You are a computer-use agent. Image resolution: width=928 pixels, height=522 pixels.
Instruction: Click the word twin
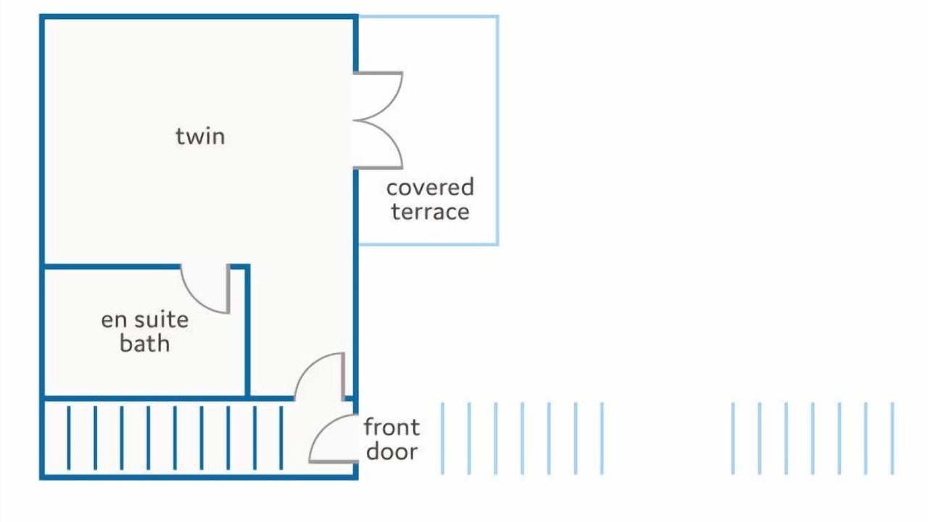pyautogui.click(x=201, y=137)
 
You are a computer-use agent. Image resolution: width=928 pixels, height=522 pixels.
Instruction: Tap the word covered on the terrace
pyautogui.click(x=430, y=187)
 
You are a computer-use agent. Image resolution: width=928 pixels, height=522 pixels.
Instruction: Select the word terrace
pyautogui.click(x=430, y=212)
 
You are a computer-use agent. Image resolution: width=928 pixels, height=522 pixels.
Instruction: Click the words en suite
pyautogui.click(x=145, y=320)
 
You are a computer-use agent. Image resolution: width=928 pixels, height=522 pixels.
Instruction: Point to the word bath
pyautogui.click(x=145, y=344)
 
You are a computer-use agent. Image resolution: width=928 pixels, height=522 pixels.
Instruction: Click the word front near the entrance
pyautogui.click(x=391, y=427)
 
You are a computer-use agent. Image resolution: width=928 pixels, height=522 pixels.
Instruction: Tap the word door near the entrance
pyautogui.click(x=392, y=451)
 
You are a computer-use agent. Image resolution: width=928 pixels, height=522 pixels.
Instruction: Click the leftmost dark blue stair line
pyautogui.click(x=69, y=438)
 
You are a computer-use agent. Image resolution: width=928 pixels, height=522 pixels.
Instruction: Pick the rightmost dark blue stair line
pyautogui.click(x=281, y=438)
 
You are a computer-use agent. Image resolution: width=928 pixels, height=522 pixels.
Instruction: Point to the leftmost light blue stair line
pyautogui.click(x=442, y=438)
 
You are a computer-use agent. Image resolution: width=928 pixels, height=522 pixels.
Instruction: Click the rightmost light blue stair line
pyautogui.click(x=892, y=438)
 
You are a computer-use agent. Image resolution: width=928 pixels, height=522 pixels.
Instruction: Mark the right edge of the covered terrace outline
pyautogui.click(x=497, y=130)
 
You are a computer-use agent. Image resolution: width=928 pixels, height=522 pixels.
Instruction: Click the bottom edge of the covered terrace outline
pyautogui.click(x=428, y=244)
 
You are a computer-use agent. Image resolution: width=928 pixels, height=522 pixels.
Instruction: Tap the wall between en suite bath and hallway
pyautogui.click(x=247, y=331)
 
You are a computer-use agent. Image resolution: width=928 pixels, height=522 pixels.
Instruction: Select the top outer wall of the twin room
pyautogui.click(x=199, y=17)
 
